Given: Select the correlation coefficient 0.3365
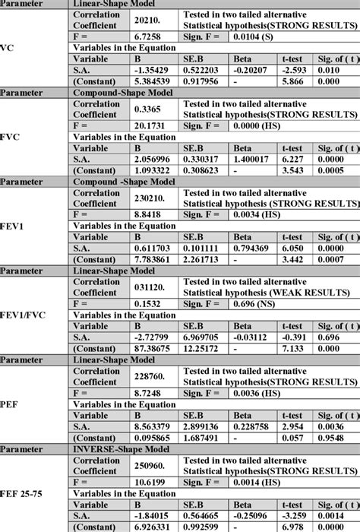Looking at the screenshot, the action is (151, 108).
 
